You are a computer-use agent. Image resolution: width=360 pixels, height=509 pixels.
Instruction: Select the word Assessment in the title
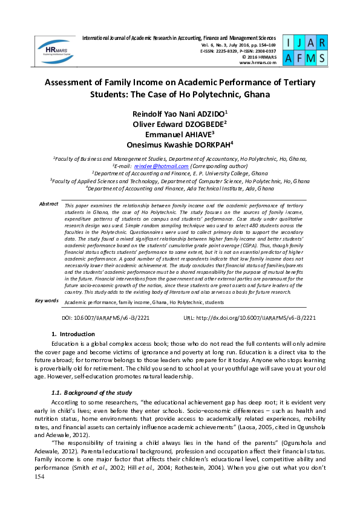point(71,82)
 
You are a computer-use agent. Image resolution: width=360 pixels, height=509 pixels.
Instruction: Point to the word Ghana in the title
point(254,95)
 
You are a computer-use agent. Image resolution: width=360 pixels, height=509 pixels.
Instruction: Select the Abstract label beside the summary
point(49,204)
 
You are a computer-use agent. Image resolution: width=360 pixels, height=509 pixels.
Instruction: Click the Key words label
point(47,300)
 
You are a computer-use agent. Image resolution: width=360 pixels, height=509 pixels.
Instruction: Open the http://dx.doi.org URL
point(257,316)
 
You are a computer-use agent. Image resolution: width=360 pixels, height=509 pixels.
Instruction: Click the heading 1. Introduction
point(73,334)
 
